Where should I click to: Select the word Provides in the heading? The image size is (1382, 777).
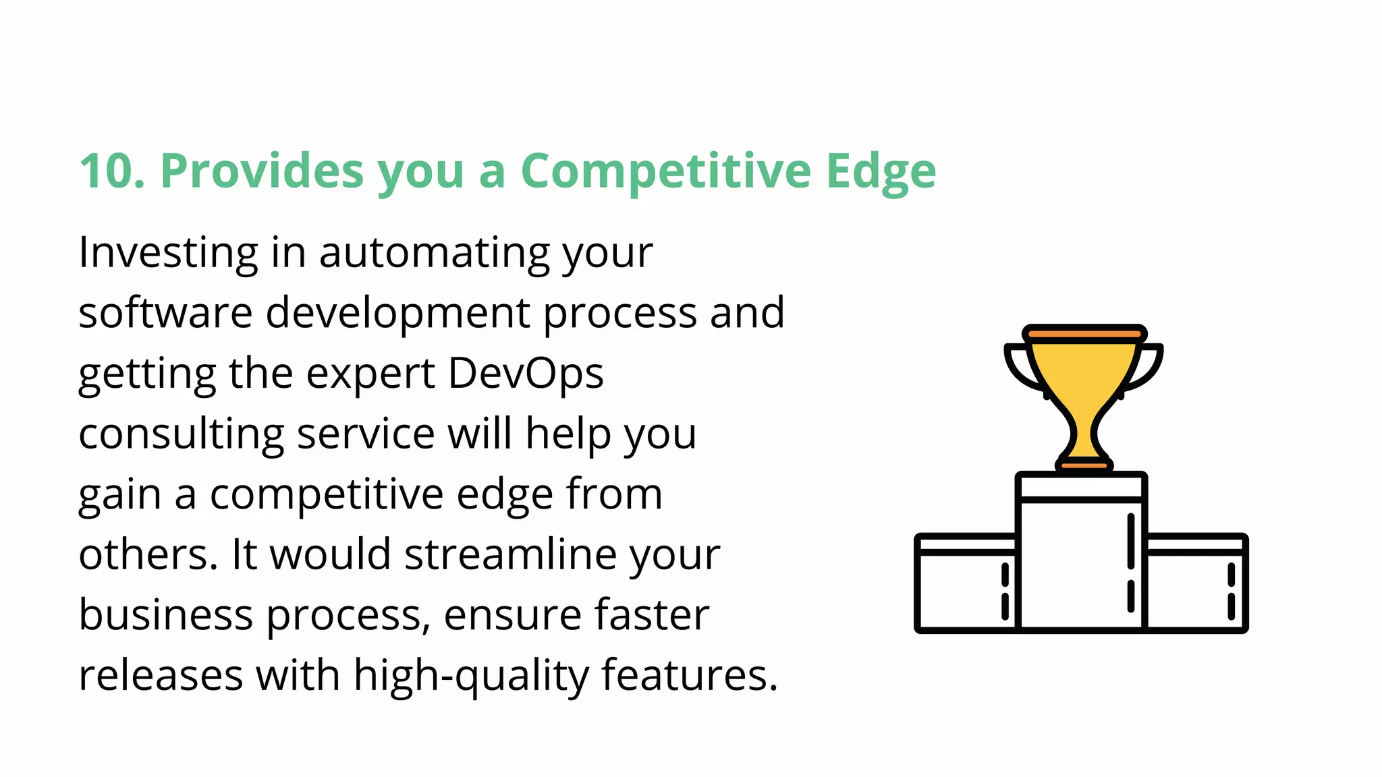tap(262, 171)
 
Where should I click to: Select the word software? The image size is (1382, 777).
tap(165, 313)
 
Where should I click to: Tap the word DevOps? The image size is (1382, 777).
tap(526, 374)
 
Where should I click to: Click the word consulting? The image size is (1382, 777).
tap(181, 435)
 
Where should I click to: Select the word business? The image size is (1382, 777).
tap(165, 615)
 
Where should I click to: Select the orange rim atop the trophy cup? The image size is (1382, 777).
tap(1084, 333)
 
